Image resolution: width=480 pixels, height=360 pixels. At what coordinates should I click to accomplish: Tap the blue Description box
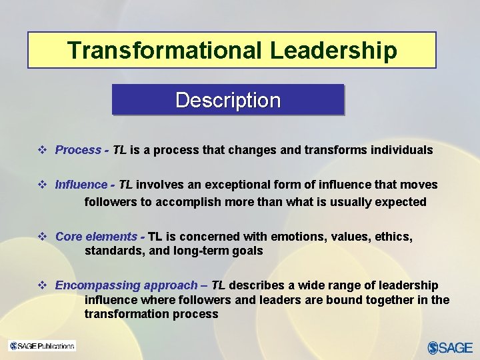click(228, 100)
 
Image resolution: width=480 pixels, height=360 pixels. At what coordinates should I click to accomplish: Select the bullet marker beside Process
click(43, 150)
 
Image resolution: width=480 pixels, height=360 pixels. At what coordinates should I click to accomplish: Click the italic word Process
click(78, 150)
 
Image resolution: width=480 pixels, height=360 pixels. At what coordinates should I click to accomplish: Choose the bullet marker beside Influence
click(43, 185)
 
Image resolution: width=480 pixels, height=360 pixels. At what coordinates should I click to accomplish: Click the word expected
click(404, 202)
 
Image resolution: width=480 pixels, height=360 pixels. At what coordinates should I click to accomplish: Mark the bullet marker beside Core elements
click(43, 237)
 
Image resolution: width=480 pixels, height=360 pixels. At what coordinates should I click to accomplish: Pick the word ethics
click(393, 237)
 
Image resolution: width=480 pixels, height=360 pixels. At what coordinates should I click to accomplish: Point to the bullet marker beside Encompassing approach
click(43, 285)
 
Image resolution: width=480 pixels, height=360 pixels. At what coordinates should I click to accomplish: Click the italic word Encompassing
click(93, 285)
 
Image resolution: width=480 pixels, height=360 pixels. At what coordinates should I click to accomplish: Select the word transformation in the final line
click(125, 314)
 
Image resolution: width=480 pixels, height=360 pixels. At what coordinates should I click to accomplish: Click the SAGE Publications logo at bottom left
click(41, 345)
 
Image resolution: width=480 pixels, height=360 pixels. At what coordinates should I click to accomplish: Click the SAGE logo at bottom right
click(449, 347)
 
